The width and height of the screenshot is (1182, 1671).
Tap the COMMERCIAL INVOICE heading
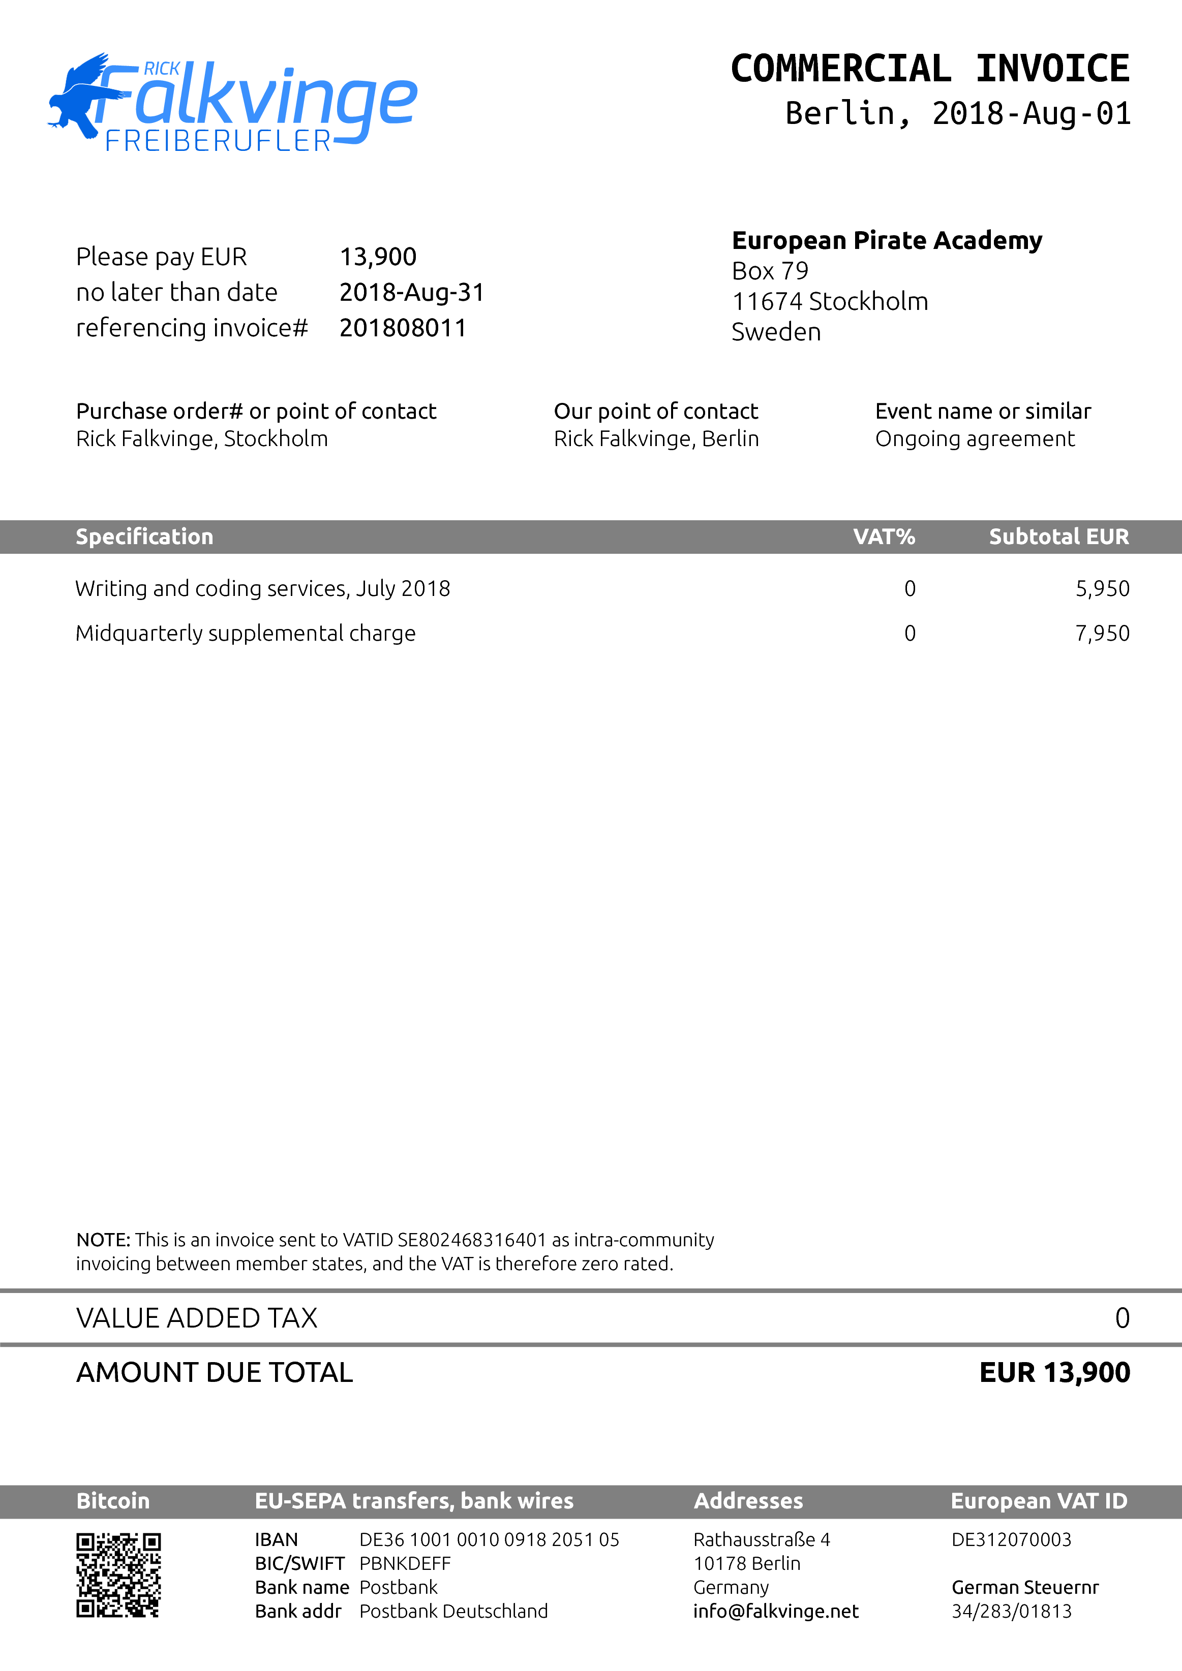(930, 69)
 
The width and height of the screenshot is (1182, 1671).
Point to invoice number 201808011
(403, 328)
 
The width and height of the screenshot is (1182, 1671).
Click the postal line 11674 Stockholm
(830, 301)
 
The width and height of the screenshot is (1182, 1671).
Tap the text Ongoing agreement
(975, 439)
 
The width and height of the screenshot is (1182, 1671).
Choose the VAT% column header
(884, 537)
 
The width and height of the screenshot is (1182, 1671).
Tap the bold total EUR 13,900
(1054, 1373)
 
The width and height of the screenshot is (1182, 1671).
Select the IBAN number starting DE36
(489, 1540)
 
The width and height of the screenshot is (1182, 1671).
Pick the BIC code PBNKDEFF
(405, 1564)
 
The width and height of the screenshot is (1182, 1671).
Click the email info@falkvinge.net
(776, 1612)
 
